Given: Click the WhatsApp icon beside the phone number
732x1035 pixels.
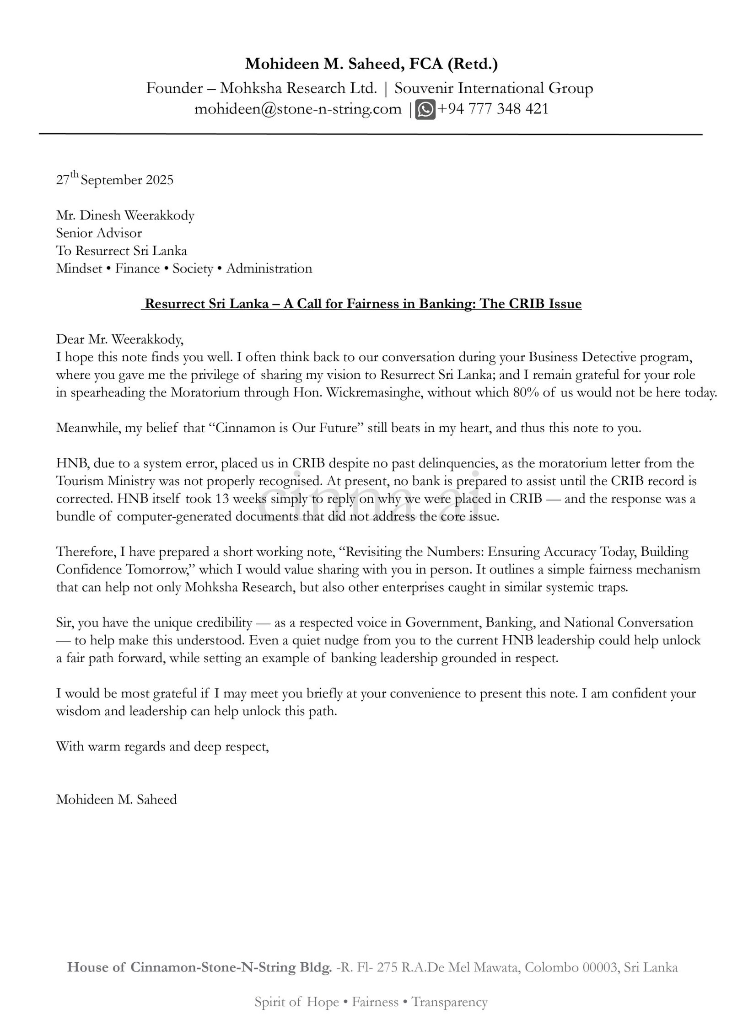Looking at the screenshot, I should point(425,109).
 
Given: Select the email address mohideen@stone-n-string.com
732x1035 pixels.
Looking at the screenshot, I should point(298,109).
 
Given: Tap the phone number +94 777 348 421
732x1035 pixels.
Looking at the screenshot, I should point(493,109).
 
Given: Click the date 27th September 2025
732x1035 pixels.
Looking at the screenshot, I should point(115,180).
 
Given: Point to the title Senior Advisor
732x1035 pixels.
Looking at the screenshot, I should point(99,233).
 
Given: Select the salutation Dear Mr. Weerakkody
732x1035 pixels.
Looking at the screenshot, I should point(119,339).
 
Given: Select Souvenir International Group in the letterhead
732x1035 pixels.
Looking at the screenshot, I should point(494,88).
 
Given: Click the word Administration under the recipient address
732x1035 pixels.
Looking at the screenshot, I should point(269,268).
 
